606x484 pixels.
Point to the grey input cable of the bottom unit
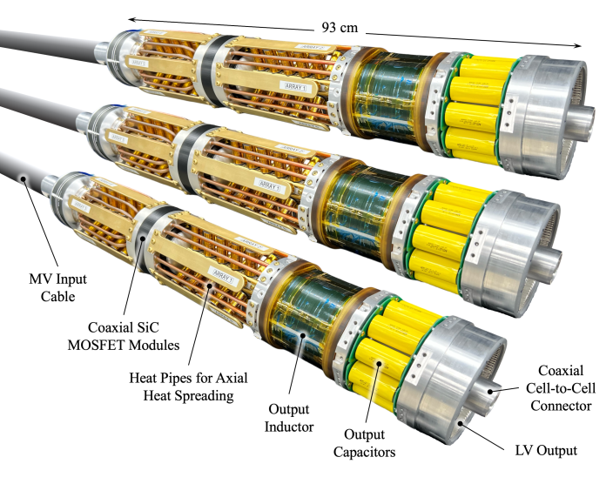22,174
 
